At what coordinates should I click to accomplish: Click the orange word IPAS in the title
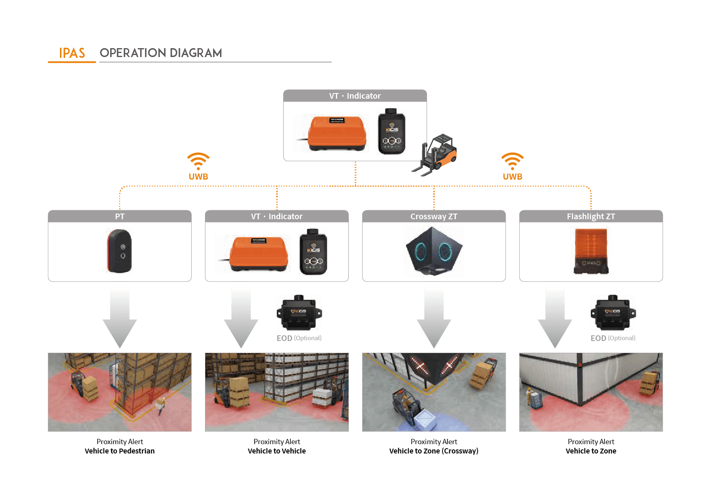[x=72, y=53]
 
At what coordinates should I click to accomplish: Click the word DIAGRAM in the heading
[x=196, y=53]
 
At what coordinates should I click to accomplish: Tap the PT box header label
[x=120, y=216]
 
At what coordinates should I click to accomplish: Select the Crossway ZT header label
[x=433, y=216]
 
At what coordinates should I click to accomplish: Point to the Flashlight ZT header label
[x=591, y=216]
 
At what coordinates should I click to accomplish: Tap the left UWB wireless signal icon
[x=198, y=161]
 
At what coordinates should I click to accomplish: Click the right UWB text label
[x=512, y=177]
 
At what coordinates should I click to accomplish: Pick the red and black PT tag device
[x=119, y=251]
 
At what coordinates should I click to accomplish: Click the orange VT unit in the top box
[x=337, y=133]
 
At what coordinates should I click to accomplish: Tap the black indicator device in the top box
[x=391, y=131]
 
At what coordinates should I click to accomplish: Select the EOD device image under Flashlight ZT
[x=613, y=313]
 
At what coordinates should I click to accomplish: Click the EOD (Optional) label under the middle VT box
[x=299, y=338]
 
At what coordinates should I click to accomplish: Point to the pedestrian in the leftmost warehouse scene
[x=160, y=405]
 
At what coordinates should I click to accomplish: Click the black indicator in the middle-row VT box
[x=313, y=252]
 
